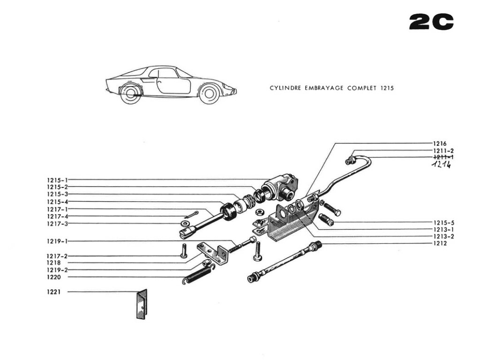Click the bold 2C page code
431,22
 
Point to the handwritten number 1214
442,165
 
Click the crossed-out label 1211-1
443,157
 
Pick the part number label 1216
440,143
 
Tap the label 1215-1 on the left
57,180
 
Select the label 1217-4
57,217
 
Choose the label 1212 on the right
440,243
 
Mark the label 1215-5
443,223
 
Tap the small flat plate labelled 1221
141,304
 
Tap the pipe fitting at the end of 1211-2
349,161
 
